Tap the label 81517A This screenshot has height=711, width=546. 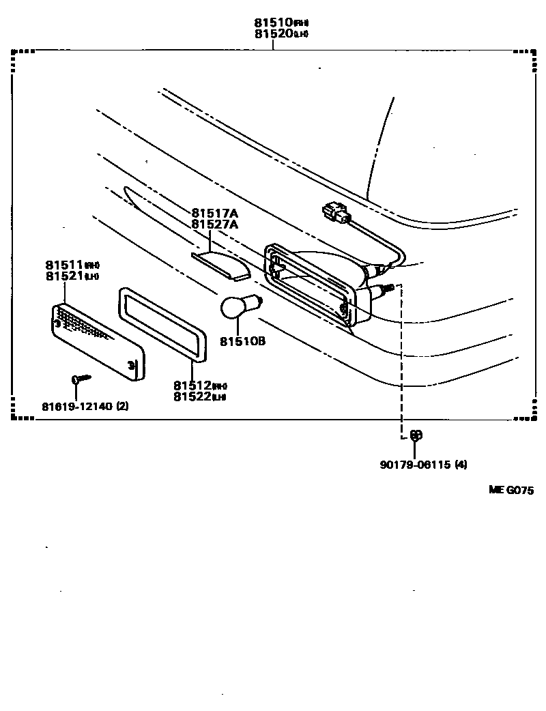tap(215, 213)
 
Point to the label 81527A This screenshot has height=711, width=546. tap(215, 224)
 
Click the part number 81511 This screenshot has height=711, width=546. tap(64, 265)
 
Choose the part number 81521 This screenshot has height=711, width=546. tap(64, 276)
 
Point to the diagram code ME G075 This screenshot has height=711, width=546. tap(510, 490)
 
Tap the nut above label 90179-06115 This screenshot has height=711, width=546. tap(415, 435)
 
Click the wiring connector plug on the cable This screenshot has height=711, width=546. tap(335, 213)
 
